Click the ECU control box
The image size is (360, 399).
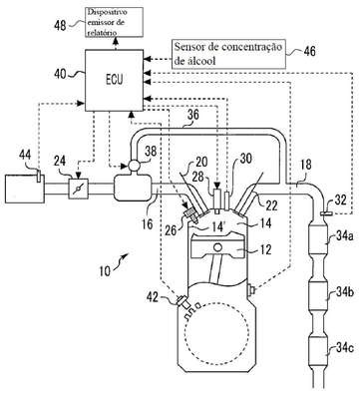[115, 80]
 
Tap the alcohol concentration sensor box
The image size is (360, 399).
[228, 54]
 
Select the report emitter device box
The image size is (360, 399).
[115, 22]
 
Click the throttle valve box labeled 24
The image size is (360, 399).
[79, 189]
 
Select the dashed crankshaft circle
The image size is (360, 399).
[217, 333]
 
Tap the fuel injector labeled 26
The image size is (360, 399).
[190, 213]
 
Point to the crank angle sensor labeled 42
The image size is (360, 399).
[182, 301]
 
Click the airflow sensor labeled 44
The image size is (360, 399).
[39, 176]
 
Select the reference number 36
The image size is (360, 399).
[193, 114]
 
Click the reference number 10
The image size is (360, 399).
[104, 270]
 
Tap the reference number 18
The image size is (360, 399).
[305, 166]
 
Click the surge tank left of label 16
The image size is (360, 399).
[133, 189]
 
